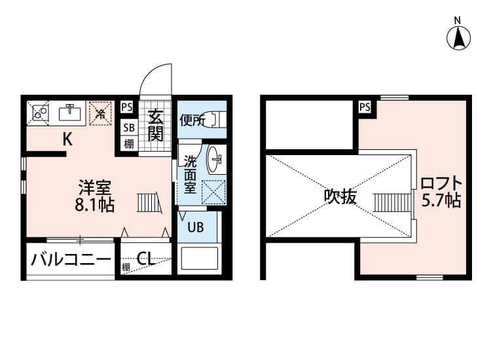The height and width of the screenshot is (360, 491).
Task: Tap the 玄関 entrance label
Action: click(x=155, y=126)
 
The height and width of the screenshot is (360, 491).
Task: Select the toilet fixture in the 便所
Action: click(x=215, y=119)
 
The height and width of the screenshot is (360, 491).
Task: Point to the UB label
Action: click(x=196, y=228)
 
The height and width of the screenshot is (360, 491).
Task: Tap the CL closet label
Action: click(x=145, y=259)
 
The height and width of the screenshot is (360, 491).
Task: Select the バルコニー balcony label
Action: click(x=70, y=260)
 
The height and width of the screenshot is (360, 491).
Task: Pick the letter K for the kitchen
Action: click(x=67, y=139)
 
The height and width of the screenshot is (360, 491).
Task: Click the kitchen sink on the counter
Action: click(x=69, y=113)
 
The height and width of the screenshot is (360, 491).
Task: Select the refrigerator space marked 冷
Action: click(x=100, y=113)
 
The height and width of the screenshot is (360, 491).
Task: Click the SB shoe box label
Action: click(x=128, y=128)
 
